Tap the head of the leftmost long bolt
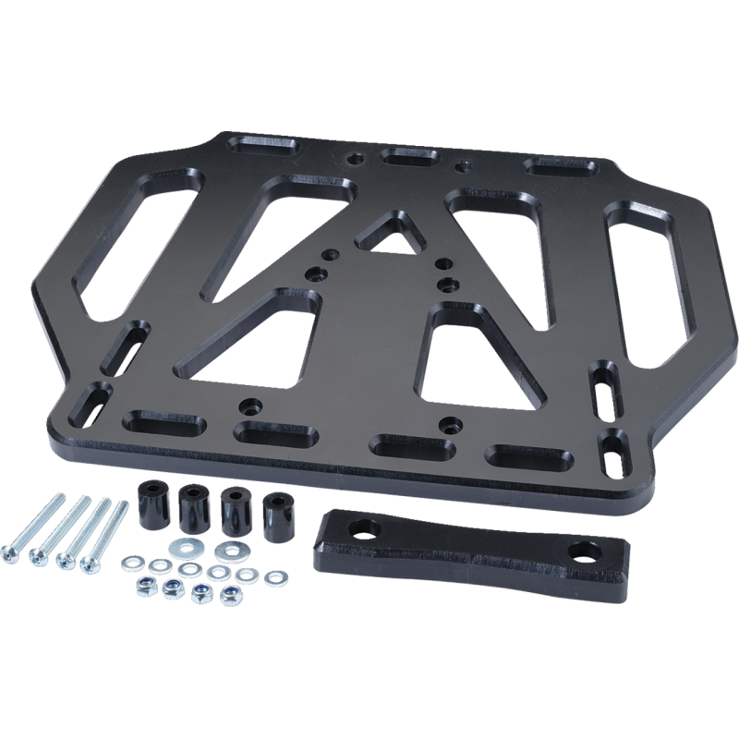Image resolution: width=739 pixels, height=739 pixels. pyautogui.click(x=14, y=551)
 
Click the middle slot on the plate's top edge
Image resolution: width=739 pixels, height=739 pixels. pyautogui.click(x=412, y=157)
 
